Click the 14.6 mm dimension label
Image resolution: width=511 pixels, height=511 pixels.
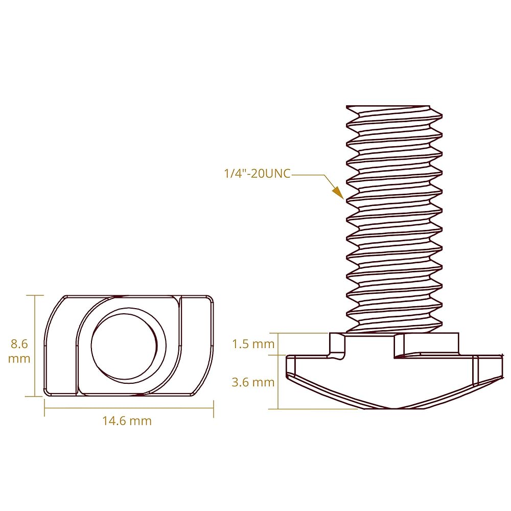(x=127, y=421)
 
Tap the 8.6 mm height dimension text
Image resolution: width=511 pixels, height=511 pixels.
(x=19, y=351)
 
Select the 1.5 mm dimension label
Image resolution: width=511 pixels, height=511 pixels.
(x=253, y=344)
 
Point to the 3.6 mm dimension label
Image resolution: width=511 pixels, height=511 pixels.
(x=253, y=382)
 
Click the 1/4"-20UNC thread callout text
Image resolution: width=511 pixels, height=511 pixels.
(x=257, y=173)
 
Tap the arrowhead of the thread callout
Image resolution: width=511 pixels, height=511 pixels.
(x=338, y=193)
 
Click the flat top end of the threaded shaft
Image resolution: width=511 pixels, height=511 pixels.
(x=388, y=106)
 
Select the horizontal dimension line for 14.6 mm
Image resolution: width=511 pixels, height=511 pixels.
(x=129, y=408)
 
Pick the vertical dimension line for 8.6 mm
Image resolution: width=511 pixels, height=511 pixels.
(x=35, y=346)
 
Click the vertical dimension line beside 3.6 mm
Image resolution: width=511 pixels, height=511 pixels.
(x=278, y=382)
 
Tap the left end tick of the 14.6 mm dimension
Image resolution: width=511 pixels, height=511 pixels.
(x=44, y=408)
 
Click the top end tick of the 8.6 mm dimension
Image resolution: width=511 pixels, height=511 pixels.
(x=35, y=295)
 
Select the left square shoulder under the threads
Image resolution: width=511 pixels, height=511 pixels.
(x=337, y=344)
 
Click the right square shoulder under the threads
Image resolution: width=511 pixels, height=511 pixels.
(x=427, y=344)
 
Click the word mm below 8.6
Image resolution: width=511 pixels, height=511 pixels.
(x=19, y=359)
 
